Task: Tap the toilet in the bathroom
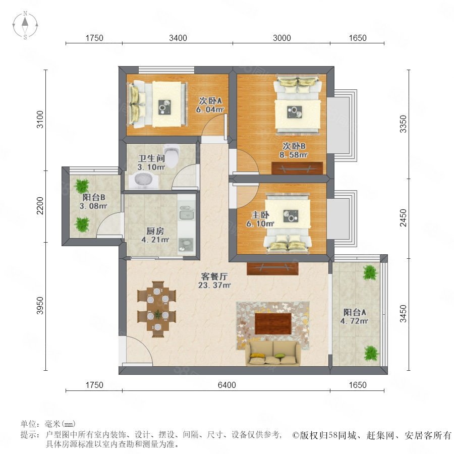tap(172, 156)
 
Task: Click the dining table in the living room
tap(157, 309)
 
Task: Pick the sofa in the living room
tap(273, 353)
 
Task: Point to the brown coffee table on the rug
tap(273, 323)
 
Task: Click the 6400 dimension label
tap(226, 385)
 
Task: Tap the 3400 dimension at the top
tap(178, 38)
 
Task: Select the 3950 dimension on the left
tap(40, 306)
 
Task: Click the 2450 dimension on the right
tap(404, 218)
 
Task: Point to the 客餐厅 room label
tap(214, 276)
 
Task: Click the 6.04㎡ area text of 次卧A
tap(210, 110)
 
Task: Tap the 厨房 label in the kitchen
tap(155, 231)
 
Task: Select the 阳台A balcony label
tap(355, 312)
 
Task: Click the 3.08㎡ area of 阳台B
tap(93, 206)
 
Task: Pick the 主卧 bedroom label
tap(260, 215)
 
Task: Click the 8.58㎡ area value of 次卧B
tap(293, 155)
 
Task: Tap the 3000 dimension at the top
tap(281, 38)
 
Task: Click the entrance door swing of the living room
tap(139, 351)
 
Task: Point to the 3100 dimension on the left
tap(40, 119)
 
